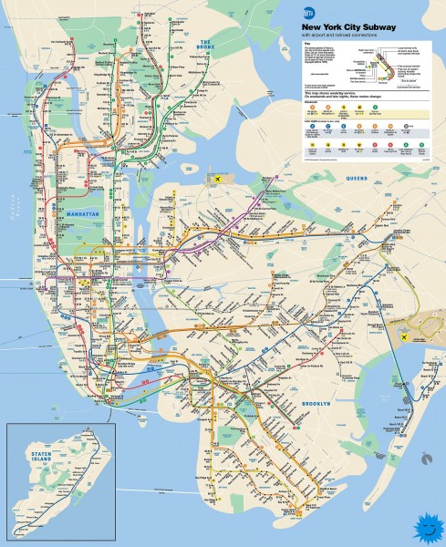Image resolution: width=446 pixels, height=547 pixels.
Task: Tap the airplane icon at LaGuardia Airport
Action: point(219,180)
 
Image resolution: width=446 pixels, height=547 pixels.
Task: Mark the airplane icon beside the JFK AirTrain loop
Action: point(405,336)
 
